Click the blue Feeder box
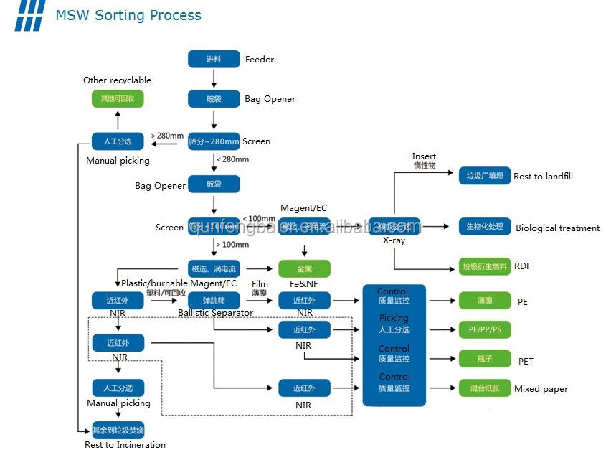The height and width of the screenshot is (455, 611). [214, 59]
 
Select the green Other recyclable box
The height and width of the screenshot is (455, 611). [117, 99]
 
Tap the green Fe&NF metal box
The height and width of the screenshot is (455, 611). [304, 268]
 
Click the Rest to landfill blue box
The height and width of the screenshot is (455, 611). [485, 175]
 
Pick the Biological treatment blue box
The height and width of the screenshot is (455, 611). [485, 227]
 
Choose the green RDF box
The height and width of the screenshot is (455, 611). [485, 267]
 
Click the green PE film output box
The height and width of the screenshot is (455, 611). [485, 301]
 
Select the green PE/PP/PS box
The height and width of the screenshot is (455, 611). [485, 330]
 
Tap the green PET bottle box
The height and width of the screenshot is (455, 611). [485, 359]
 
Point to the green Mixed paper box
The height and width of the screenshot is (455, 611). [485, 388]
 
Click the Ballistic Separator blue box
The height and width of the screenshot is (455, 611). [214, 301]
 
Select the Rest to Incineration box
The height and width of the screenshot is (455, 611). [118, 431]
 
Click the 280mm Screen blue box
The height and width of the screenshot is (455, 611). [214, 141]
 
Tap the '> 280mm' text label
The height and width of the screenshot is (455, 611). [167, 135]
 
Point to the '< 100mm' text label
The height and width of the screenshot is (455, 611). [259, 218]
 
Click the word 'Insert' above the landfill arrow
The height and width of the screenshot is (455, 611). [424, 156]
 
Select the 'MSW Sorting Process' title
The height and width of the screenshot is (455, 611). [128, 15]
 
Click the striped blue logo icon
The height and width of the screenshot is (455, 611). [29, 15]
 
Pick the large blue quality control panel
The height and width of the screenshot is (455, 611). [394, 344]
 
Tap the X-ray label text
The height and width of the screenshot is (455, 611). [394, 240]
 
